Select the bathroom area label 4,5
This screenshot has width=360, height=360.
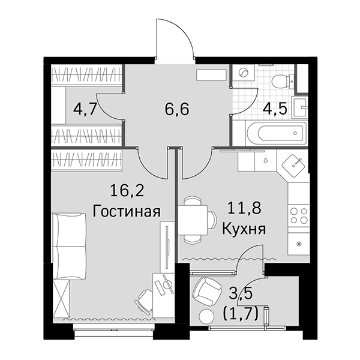coord(276,110)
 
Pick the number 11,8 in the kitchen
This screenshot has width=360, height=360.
coord(243,209)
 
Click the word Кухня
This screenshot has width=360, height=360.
coord(244,229)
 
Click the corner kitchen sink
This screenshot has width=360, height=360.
coord(293,163)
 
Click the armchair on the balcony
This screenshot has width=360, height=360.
coord(205,292)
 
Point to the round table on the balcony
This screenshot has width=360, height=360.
coord(206,317)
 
